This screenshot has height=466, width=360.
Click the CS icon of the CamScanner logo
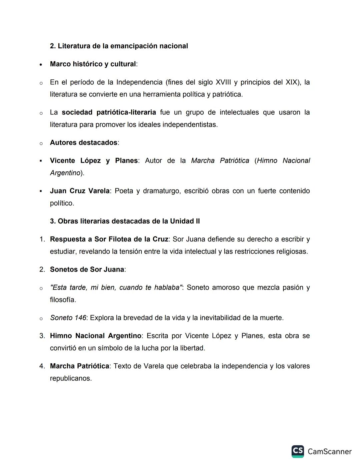point(298,451)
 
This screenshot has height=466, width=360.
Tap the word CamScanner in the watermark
point(329,452)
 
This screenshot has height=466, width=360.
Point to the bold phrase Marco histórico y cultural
point(93,64)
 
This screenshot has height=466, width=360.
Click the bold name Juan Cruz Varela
point(80,191)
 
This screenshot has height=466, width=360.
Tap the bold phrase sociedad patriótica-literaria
point(109,112)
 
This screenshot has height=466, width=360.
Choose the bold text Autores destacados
point(83,143)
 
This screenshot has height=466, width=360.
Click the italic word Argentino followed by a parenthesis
point(65,173)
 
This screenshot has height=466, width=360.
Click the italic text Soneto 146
point(68,318)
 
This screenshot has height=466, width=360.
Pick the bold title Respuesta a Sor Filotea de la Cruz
point(109,239)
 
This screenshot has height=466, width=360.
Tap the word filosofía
point(63,300)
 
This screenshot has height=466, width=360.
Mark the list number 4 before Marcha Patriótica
point(42,366)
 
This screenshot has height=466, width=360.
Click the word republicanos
point(70,378)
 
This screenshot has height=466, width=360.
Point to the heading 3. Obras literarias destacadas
point(125,221)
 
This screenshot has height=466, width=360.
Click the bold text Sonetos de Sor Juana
point(87,270)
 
